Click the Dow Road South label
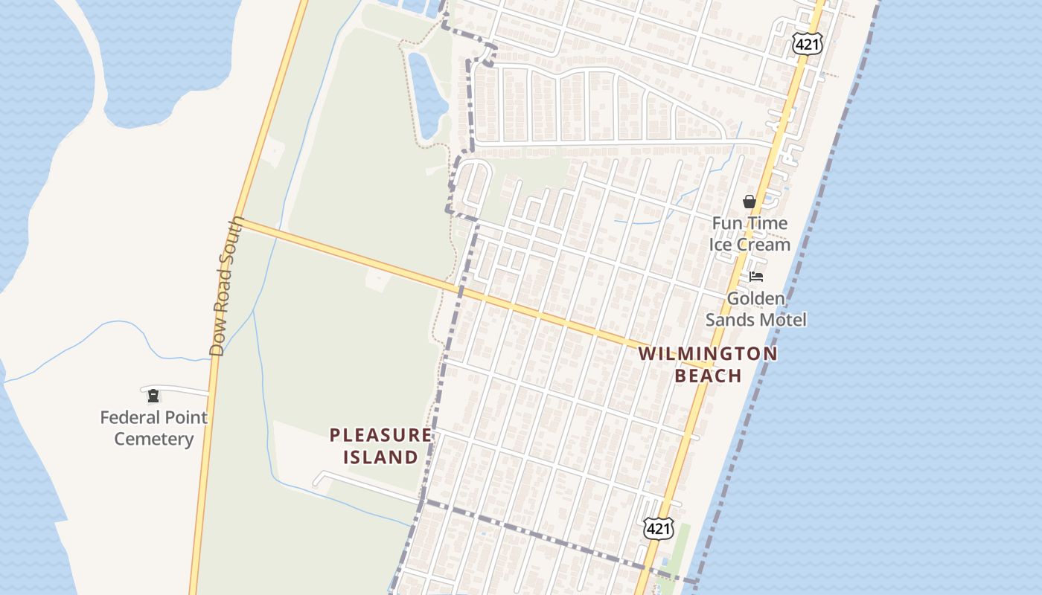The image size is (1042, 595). (227, 286)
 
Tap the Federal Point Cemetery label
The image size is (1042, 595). (153, 428)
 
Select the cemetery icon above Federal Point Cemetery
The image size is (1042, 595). (153, 396)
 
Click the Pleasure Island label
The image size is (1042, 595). (380, 446)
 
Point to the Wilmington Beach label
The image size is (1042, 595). (708, 364)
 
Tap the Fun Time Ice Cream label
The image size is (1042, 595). (749, 234)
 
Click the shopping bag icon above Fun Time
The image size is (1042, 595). (749, 202)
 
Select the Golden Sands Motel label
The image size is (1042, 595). (756, 309)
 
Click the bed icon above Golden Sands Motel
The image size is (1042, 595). (756, 277)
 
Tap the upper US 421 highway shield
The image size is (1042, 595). (807, 45)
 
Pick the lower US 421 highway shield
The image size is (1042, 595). (659, 529)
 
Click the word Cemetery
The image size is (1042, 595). (153, 439)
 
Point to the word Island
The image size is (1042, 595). (380, 457)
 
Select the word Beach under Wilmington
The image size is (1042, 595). (708, 376)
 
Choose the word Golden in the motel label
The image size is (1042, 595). (756, 299)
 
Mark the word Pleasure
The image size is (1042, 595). (380, 435)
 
